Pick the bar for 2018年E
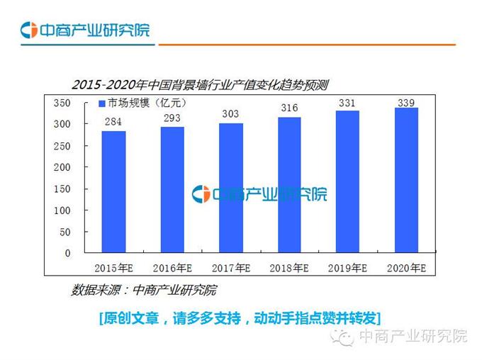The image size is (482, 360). (289, 185)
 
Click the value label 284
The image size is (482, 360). (113, 122)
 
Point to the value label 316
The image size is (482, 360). (289, 108)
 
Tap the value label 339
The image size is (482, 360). (406, 103)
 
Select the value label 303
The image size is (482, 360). (231, 113)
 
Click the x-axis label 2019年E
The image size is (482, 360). (347, 269)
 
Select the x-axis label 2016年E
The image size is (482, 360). (172, 269)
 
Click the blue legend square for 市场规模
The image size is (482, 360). (101, 104)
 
